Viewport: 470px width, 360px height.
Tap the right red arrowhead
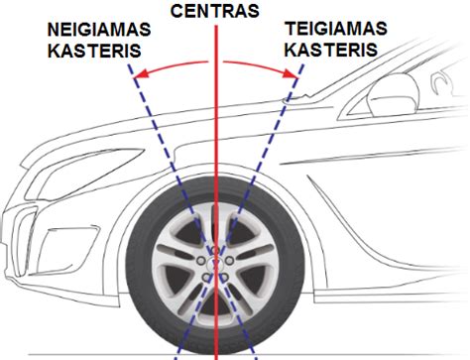click(x=294, y=73)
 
